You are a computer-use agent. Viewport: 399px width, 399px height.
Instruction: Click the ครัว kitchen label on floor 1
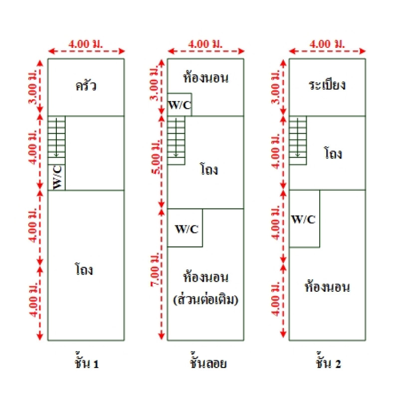pos(86,86)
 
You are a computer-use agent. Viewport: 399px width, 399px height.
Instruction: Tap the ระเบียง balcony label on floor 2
pos(327,84)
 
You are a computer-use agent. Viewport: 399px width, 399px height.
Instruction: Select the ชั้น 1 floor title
pos(86,363)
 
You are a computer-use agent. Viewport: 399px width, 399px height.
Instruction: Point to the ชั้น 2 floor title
pos(328,363)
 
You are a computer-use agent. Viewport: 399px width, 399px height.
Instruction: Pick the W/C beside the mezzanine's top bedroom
pos(179,105)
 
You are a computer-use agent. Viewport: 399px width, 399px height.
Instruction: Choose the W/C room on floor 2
pos(304,219)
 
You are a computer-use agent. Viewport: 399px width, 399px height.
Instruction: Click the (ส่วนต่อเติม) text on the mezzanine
pos(205,301)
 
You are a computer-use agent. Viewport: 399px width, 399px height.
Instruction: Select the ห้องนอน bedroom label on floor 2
pos(327,287)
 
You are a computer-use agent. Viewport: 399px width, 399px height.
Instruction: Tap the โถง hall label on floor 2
pos(333,153)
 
